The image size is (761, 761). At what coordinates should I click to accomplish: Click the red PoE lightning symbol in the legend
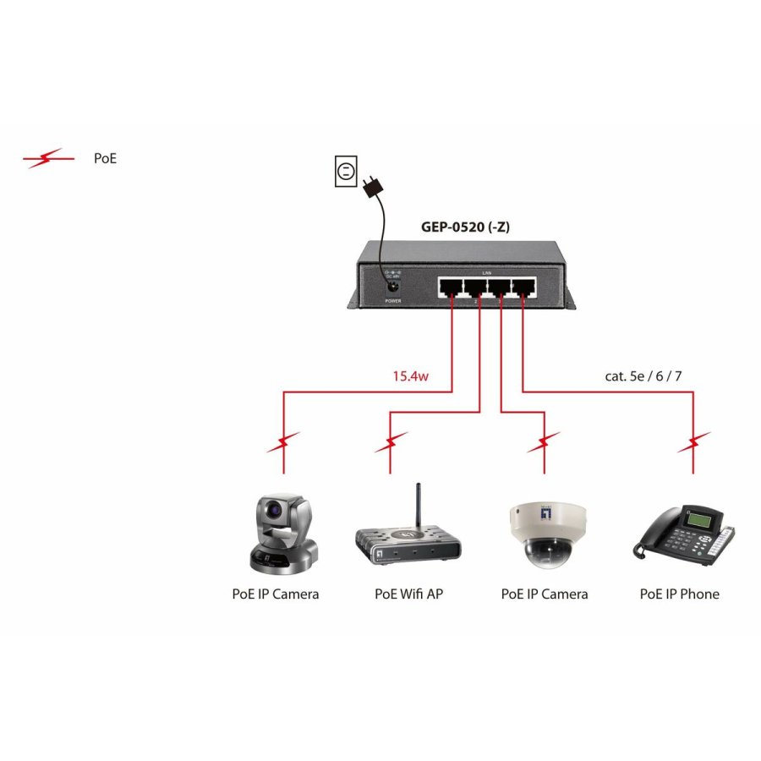coord(43,158)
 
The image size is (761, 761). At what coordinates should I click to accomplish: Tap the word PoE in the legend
coord(106,158)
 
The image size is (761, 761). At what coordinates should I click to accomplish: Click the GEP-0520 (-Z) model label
coord(465,227)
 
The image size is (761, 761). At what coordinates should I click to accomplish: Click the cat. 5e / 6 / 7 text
coord(643,375)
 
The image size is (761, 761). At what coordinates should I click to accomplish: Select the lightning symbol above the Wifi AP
coord(390,442)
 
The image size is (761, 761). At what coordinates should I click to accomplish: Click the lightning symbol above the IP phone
coord(694,442)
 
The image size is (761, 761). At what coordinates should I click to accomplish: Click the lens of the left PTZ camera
coord(275,510)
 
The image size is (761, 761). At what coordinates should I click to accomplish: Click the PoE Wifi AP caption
coord(408,594)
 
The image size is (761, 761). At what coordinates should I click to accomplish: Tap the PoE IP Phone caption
coord(680,594)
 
